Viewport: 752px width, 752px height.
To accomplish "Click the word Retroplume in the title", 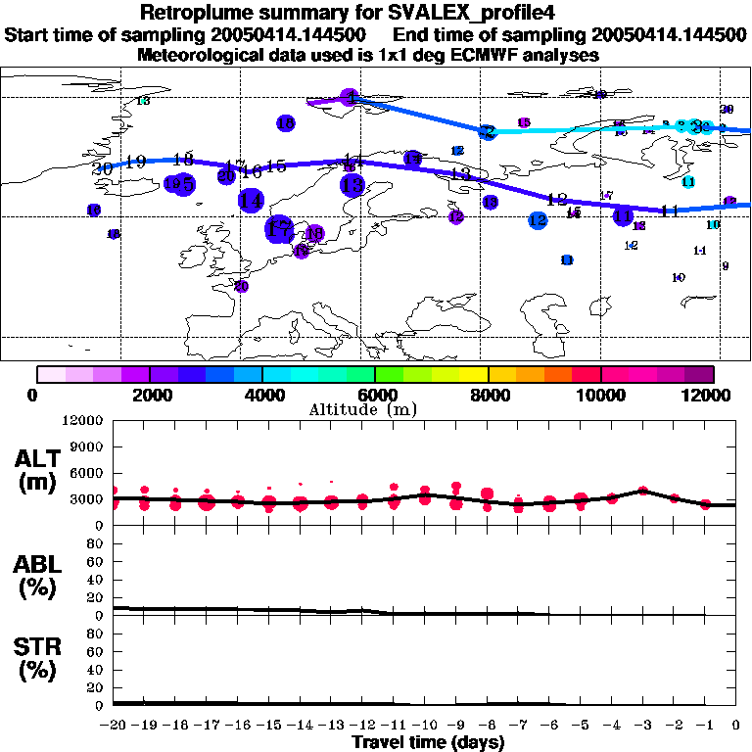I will coord(196,13).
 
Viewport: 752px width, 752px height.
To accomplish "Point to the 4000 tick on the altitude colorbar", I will coord(262,394).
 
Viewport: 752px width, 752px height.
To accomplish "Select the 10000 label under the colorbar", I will coord(602,394).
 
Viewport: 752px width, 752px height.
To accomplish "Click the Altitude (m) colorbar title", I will coord(376,409).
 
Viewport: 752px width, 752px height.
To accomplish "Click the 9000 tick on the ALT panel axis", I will coord(88,447).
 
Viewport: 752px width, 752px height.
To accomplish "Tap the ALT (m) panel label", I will coord(39,469).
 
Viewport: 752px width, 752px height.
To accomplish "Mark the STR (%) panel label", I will coord(39,659).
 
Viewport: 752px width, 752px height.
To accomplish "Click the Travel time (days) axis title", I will coord(428,742).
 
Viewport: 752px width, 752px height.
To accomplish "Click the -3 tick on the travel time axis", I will coord(642,725).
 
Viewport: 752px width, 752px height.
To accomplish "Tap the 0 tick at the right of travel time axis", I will coord(736,725).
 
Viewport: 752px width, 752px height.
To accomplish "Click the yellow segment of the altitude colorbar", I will coord(474,374).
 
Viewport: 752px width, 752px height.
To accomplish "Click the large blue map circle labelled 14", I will coord(251,200).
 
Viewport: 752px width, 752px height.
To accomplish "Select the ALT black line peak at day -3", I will coord(642,490).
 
